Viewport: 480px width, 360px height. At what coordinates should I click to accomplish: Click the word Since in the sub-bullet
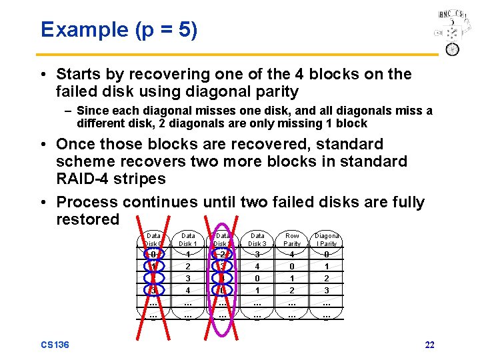(92, 111)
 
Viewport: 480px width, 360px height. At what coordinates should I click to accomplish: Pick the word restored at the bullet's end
(88, 219)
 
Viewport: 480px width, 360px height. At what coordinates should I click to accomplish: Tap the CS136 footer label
(55, 345)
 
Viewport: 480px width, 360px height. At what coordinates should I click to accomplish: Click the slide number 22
(429, 345)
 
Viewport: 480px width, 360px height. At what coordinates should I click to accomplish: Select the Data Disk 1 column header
(189, 239)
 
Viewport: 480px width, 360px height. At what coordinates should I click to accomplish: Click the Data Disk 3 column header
(257, 239)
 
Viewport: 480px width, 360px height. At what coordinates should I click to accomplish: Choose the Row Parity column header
(292, 239)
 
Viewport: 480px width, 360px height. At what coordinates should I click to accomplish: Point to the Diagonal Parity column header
(327, 239)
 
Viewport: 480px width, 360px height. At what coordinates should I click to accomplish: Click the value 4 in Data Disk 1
(189, 290)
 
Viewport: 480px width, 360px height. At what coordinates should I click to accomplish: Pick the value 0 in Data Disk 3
(257, 278)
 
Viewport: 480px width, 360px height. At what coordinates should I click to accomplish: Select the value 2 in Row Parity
(292, 290)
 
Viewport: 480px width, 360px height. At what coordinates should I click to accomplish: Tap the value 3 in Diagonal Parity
(327, 290)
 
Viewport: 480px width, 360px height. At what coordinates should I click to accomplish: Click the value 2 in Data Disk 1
(189, 266)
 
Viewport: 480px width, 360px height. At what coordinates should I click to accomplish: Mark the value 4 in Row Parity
(292, 254)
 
